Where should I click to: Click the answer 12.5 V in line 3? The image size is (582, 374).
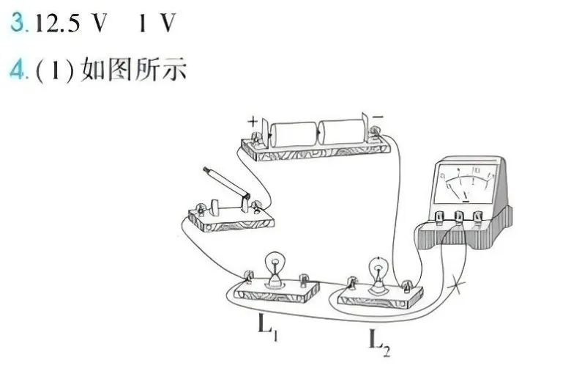(71, 23)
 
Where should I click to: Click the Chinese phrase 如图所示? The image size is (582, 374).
(133, 69)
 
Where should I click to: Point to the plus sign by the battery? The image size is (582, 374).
(253, 121)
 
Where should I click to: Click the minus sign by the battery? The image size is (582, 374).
(378, 117)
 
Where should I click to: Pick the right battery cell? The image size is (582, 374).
(342, 131)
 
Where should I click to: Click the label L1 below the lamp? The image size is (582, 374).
(268, 328)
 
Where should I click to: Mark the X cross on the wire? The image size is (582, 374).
(457, 286)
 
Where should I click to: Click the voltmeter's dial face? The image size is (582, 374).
(466, 183)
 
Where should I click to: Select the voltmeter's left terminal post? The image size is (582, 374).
(439, 218)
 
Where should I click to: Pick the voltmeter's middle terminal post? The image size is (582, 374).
(459, 216)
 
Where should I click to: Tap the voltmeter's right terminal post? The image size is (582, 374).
(477, 216)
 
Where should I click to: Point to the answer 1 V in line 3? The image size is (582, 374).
(157, 23)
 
